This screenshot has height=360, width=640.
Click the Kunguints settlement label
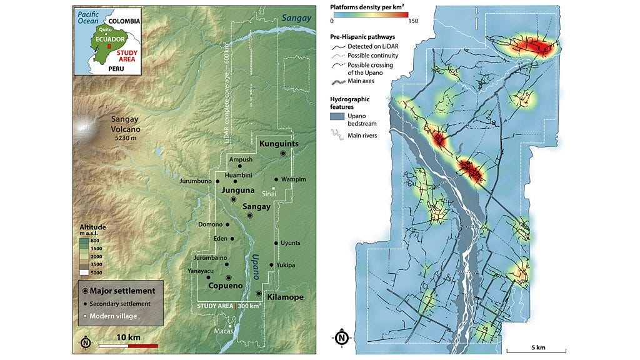(280, 144)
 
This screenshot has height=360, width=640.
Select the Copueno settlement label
(225, 286)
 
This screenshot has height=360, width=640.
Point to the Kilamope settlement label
(284, 297)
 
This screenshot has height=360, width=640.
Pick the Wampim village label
(293, 179)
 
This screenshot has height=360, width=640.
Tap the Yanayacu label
(201, 271)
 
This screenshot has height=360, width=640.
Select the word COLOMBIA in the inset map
(122, 21)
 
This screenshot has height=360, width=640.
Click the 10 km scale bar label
(128, 337)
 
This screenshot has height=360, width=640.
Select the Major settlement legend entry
(121, 290)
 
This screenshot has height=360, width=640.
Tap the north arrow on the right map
(341, 338)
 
